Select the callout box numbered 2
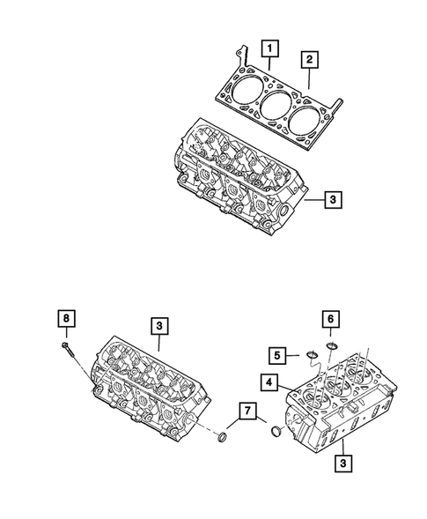click(x=309, y=60)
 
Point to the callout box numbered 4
click(x=268, y=382)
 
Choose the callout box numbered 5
click(x=277, y=355)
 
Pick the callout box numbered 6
click(x=332, y=320)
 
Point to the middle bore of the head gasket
click(x=275, y=104)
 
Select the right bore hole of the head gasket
click(x=308, y=118)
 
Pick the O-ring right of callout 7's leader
click(x=277, y=432)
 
